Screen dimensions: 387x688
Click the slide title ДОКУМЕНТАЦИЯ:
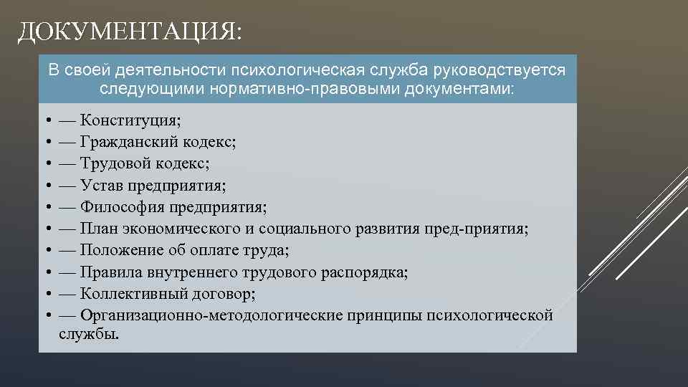130,32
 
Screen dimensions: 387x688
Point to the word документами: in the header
459,90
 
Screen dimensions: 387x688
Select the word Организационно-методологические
211,315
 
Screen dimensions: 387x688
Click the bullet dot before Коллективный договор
46,294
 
